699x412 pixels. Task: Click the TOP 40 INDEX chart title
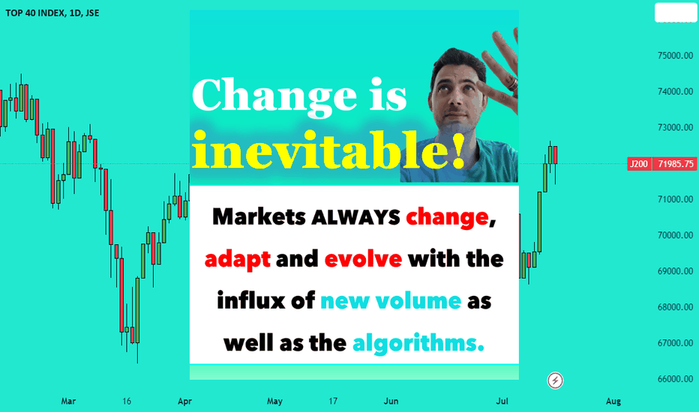pyautogui.click(x=52, y=13)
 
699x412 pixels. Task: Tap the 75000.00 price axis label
pyautogui.click(x=675, y=55)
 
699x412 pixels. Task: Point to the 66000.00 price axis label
pyautogui.click(x=675, y=379)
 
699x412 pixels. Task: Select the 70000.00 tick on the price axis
pyautogui.click(x=675, y=235)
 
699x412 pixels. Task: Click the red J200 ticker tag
pyautogui.click(x=639, y=164)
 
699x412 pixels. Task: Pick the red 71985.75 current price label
pyautogui.click(x=675, y=164)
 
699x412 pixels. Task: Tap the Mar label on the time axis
pyautogui.click(x=68, y=401)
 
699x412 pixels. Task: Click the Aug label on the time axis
pyautogui.click(x=613, y=401)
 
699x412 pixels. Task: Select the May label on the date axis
pyautogui.click(x=274, y=401)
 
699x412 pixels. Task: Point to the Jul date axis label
pyautogui.click(x=502, y=401)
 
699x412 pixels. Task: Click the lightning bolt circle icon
pyautogui.click(x=555, y=381)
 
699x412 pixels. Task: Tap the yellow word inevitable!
pyautogui.click(x=329, y=149)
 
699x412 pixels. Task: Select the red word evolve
pyautogui.click(x=363, y=258)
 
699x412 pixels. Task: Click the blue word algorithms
pyautogui.click(x=418, y=343)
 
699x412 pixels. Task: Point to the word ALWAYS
pyautogui.click(x=355, y=217)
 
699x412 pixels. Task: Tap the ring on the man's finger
pyautogui.click(x=513, y=84)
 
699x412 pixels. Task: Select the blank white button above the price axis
pyautogui.click(x=675, y=13)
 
